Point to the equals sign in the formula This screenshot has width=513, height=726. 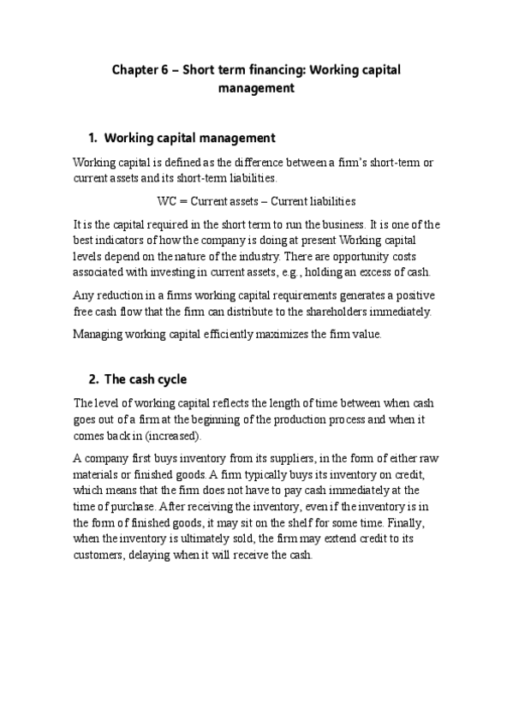pos(184,202)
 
